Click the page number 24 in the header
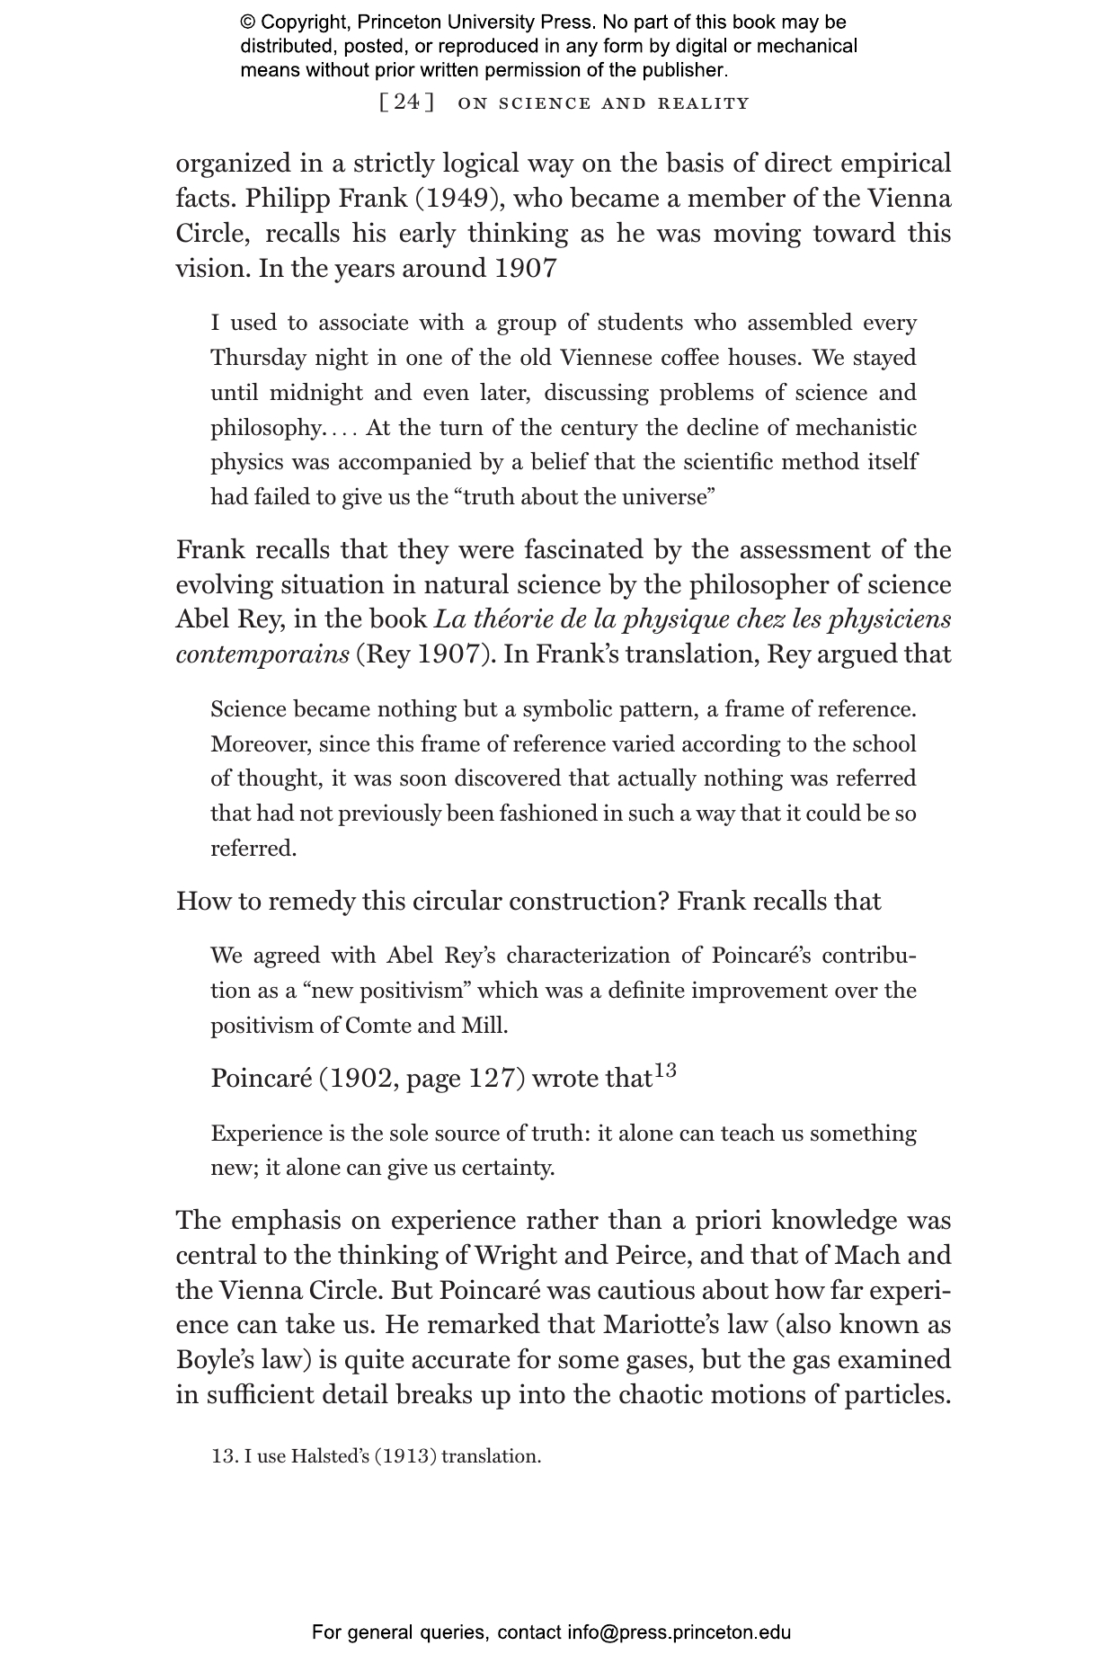pyautogui.click(x=407, y=102)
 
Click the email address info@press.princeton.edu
pyautogui.click(x=679, y=1632)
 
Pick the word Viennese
pyautogui.click(x=606, y=358)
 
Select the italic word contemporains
pyautogui.click(x=262, y=654)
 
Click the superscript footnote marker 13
pyautogui.click(x=665, y=1071)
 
